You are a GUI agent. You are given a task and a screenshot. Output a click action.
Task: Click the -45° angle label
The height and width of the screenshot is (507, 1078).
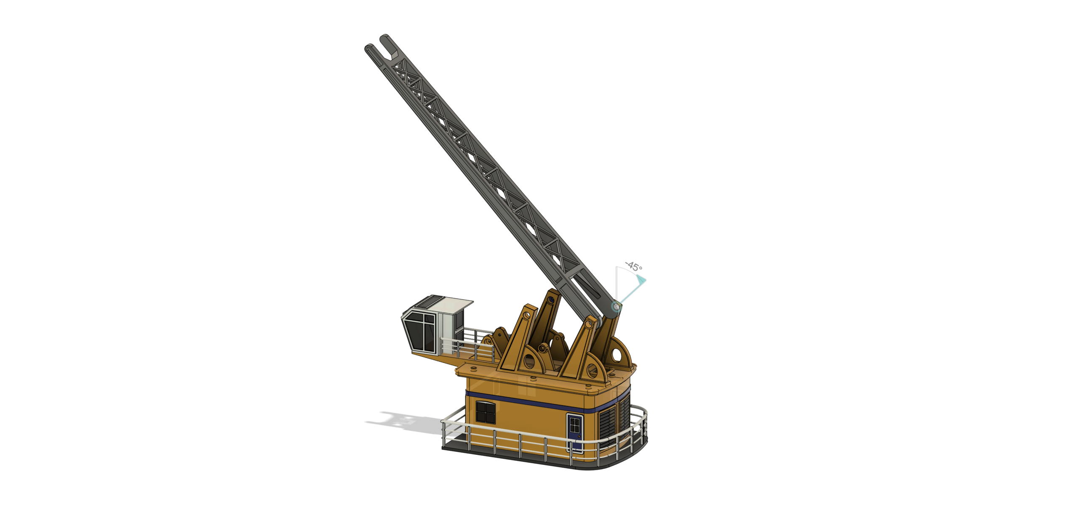(634, 266)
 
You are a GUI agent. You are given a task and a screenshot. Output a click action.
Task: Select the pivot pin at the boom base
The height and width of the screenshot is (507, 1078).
(616, 307)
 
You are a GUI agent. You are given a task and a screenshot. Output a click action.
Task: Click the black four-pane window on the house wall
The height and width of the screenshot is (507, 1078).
(486, 412)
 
